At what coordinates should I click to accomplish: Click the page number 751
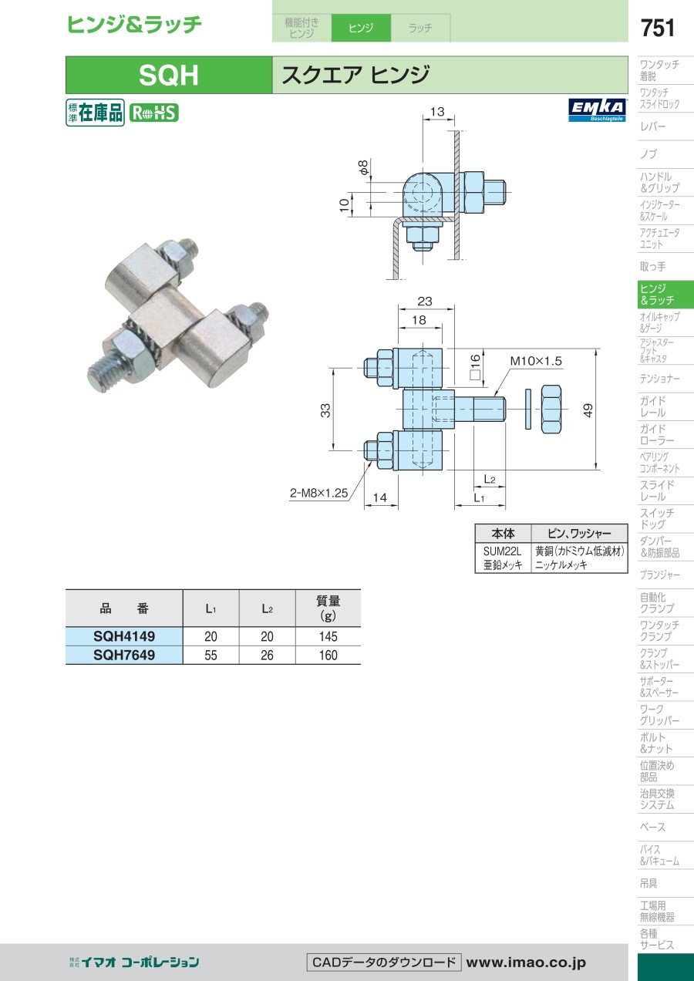point(658,28)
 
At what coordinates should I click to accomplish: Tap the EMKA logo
point(598,110)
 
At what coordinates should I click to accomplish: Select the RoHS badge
point(154,113)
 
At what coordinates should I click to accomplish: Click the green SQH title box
point(169,75)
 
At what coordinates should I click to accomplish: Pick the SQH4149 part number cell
point(124,636)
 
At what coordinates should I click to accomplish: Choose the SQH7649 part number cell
point(124,655)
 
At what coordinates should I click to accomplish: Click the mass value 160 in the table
point(328,656)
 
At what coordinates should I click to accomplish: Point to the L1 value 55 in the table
point(211,656)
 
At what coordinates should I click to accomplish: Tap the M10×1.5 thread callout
point(535,361)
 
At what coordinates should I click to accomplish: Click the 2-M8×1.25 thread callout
point(318,493)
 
